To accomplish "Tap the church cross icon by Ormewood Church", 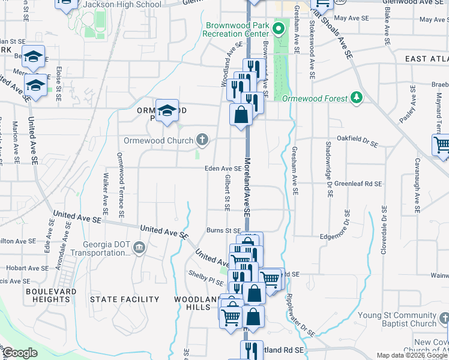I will [203, 140].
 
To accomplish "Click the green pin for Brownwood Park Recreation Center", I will [279, 28].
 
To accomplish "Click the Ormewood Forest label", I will [315, 98].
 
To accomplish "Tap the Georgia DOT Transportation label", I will [98, 248].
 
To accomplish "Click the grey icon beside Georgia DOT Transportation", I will [139, 247].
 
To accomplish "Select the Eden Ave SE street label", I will [223, 169].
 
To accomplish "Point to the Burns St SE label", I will [223, 230].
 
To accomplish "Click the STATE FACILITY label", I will [124, 299].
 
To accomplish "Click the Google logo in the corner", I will [20, 353].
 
